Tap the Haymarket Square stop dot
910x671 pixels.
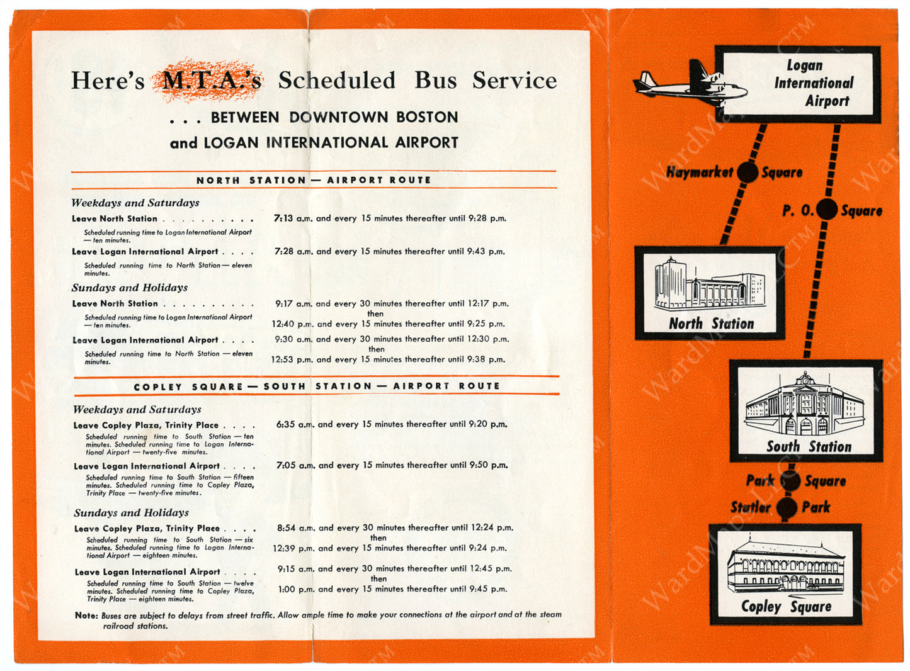748,172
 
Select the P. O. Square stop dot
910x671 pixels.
827,210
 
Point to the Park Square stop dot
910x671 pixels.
790,481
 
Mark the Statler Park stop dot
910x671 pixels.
787,507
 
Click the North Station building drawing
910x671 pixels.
709,285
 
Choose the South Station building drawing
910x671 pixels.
805,405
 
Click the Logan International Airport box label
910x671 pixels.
813,83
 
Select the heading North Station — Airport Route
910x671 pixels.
314,180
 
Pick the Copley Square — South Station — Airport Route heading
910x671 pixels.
316,386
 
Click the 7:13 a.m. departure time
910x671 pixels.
292,218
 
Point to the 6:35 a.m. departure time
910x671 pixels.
295,424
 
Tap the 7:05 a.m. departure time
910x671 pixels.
295,465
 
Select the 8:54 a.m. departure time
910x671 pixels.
296,527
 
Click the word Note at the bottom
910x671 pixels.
86,615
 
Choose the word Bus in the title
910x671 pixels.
435,81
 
